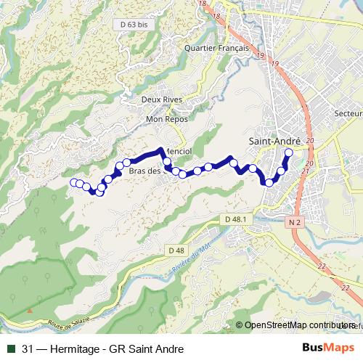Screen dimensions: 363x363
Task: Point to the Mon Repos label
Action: (x=166, y=118)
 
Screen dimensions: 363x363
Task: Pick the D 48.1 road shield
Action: (x=236, y=219)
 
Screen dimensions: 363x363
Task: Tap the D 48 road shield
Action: (x=176, y=250)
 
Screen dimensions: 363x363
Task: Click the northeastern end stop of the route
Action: (x=288, y=152)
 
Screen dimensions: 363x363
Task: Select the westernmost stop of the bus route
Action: (x=73, y=183)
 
